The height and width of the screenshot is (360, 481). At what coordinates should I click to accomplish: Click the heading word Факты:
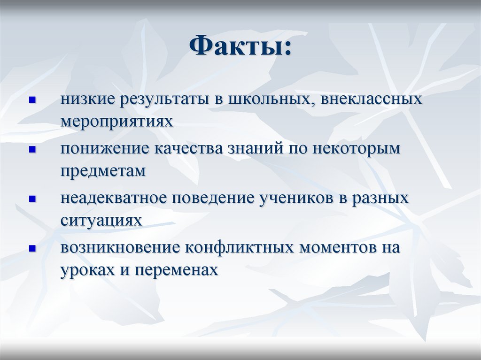click(x=240, y=47)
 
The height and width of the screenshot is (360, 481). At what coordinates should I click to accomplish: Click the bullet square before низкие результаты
click(x=32, y=100)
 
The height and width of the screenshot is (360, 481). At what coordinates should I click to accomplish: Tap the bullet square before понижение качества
click(x=32, y=150)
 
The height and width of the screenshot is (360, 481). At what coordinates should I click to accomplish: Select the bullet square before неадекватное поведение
click(x=32, y=199)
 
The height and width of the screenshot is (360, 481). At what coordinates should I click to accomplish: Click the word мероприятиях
click(x=116, y=122)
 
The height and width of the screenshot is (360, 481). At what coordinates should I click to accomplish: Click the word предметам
click(x=103, y=171)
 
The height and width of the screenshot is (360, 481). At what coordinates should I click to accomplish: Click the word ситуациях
click(x=101, y=221)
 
